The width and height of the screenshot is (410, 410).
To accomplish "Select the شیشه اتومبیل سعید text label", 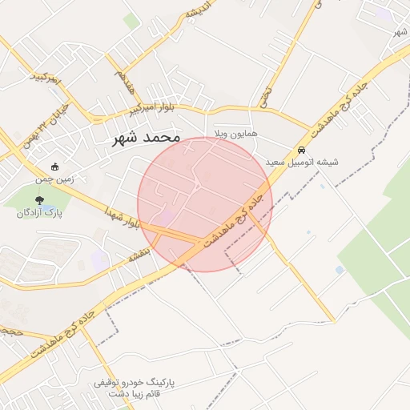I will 307,162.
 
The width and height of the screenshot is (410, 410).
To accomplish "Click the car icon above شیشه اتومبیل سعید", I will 301,150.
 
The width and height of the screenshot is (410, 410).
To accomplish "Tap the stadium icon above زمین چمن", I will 54,167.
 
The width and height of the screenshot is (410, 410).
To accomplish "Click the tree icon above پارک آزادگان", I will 39,200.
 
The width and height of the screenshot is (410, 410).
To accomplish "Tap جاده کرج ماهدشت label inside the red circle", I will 235,216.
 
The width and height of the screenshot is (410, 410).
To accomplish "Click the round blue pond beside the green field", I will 340,270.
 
